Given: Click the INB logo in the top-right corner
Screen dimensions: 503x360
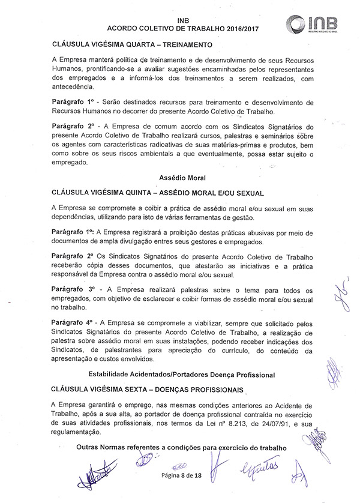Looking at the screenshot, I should (312, 23).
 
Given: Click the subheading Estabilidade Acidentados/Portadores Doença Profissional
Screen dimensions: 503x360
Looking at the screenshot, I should (181, 375).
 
